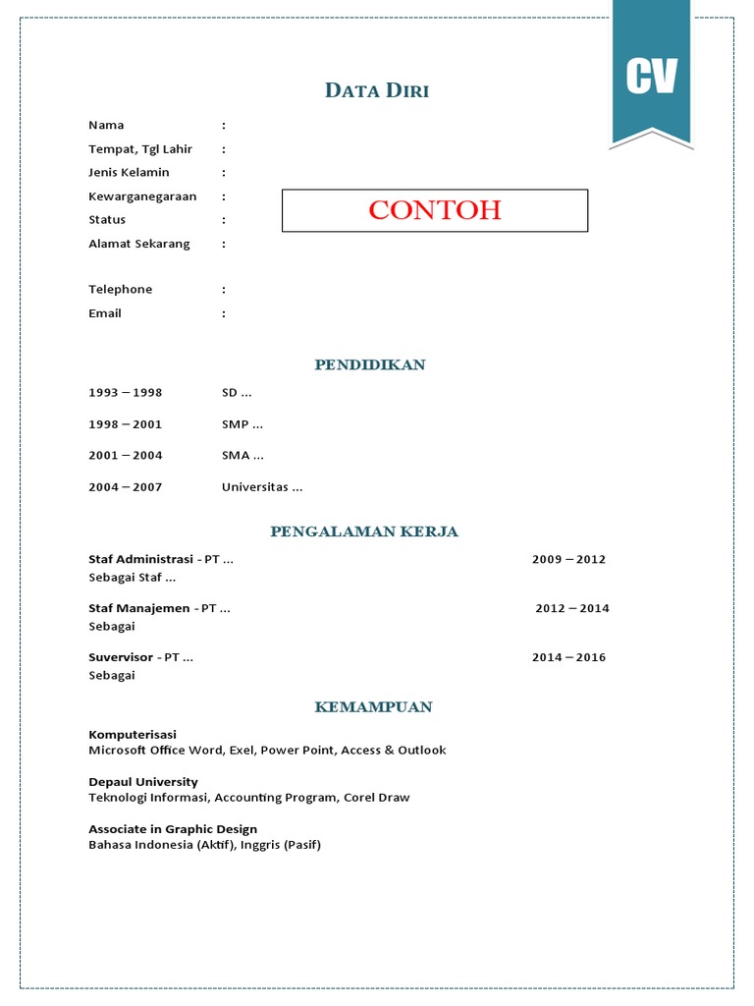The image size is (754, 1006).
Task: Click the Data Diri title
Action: tap(377, 91)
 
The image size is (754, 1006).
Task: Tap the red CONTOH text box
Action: tap(435, 210)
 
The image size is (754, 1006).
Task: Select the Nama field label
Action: tap(106, 125)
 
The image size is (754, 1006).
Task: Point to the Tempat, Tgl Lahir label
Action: tap(140, 149)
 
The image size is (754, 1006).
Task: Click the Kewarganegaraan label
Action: tap(142, 196)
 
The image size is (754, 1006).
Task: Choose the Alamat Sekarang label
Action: tap(139, 244)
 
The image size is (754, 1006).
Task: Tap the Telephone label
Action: tap(121, 290)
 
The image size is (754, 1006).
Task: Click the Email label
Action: tap(105, 313)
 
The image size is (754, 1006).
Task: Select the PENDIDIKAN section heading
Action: tap(370, 364)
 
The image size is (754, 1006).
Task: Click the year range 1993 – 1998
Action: tap(126, 393)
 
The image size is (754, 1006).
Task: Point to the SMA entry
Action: tap(242, 456)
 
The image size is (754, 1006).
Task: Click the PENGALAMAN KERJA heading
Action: tap(364, 531)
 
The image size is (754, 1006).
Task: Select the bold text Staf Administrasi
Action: tap(140, 559)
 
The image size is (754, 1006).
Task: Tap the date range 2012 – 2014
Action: tap(572, 608)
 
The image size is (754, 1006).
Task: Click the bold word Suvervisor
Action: tap(121, 657)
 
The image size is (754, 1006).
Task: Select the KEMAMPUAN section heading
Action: tap(373, 707)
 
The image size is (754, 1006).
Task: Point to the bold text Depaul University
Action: tap(143, 782)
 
